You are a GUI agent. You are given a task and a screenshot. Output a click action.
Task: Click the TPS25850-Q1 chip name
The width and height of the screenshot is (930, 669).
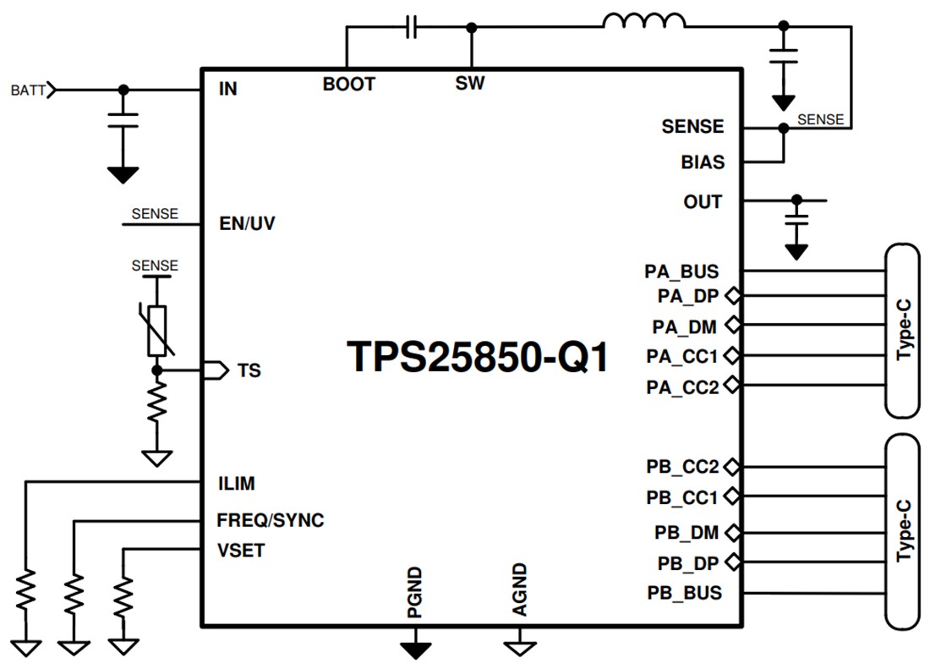click(478, 357)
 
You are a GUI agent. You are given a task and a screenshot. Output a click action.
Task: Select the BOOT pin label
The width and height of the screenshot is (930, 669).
click(348, 85)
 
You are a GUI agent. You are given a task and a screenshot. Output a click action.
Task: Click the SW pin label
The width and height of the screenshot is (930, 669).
click(470, 85)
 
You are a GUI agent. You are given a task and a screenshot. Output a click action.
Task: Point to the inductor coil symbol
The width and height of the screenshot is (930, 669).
click(644, 22)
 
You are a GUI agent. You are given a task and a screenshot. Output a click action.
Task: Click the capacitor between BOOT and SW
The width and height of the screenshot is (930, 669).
click(411, 28)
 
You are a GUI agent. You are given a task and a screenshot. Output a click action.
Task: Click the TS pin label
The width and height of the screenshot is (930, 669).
click(249, 370)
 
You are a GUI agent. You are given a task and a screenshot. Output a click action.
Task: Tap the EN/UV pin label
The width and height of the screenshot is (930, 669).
click(246, 225)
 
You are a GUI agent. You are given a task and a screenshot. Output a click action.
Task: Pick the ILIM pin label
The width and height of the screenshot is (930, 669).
click(236, 484)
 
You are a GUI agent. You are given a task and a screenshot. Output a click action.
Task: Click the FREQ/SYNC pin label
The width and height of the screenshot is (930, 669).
click(270, 520)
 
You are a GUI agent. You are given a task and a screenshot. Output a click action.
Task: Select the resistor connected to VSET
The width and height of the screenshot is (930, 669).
click(124, 596)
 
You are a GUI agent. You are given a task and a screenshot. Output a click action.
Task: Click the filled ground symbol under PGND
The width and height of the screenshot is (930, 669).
click(414, 650)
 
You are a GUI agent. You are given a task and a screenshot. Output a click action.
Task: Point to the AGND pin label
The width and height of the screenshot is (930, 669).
click(520, 589)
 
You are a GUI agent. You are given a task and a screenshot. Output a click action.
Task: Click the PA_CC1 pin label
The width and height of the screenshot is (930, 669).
click(681, 356)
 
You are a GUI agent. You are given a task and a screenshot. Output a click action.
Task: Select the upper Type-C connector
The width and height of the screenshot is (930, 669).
click(902, 330)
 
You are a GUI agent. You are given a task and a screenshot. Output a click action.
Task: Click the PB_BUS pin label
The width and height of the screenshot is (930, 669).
click(685, 593)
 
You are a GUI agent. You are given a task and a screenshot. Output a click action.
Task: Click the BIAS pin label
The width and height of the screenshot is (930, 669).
click(703, 162)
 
